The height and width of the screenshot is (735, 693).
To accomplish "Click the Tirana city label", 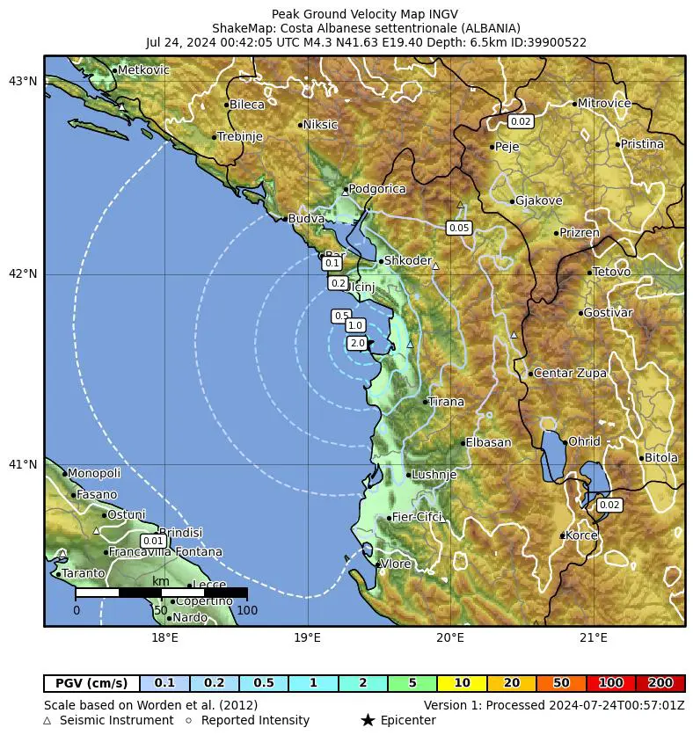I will click(x=447, y=402).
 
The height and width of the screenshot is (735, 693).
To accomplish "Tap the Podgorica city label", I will click(x=377, y=189).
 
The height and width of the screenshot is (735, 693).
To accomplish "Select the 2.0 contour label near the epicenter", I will click(x=357, y=343).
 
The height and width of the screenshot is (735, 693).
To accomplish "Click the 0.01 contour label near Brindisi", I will click(x=153, y=541).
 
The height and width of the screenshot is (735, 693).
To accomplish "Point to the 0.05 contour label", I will click(x=459, y=228).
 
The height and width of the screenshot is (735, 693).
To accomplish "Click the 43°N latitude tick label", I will click(x=23, y=82).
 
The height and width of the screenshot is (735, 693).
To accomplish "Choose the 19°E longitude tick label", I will click(x=307, y=637).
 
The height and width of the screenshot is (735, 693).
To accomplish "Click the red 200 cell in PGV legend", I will click(x=660, y=683).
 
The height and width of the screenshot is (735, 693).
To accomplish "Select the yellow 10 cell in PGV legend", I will click(x=462, y=683).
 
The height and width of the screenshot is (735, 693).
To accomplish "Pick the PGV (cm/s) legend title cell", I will click(x=91, y=683).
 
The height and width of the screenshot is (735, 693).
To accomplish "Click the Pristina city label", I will click(x=642, y=144).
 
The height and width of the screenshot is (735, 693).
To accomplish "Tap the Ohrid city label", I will click(x=584, y=441).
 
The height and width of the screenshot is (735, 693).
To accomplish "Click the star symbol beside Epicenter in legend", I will click(x=368, y=721).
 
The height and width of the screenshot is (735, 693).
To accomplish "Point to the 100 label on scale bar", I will click(x=247, y=610).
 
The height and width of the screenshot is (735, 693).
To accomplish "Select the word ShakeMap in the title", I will click(x=240, y=28).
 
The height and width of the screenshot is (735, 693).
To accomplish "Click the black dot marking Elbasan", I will click(x=463, y=443).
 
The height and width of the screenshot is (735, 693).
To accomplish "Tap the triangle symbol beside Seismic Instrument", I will click(x=47, y=721).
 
